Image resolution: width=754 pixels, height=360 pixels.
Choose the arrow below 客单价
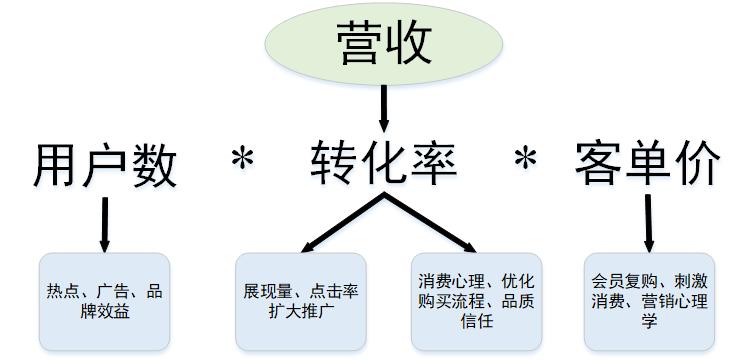(x=648, y=222)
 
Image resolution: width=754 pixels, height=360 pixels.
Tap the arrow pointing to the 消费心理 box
(x=430, y=222)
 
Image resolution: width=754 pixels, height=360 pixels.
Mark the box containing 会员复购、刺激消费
(x=648, y=300)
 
